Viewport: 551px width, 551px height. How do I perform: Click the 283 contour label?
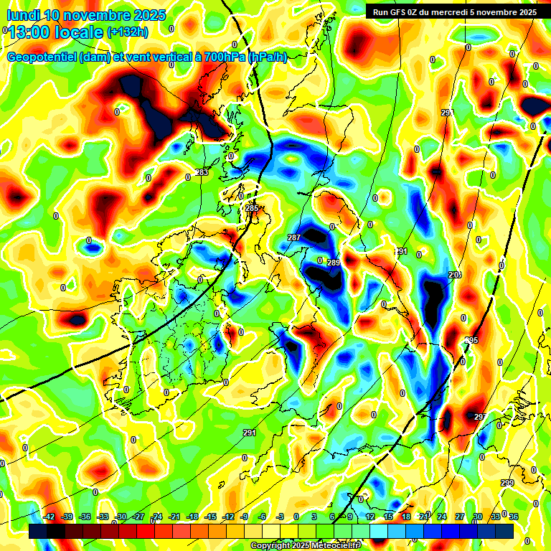(202, 172)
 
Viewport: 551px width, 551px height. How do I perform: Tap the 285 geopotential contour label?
(252, 208)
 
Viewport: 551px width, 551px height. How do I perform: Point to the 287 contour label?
(294, 237)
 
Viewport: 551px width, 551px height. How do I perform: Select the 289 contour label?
(334, 263)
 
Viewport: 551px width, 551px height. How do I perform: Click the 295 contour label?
(471, 340)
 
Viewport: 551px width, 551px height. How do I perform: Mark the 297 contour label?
(480, 417)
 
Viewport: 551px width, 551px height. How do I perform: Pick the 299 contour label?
(507, 483)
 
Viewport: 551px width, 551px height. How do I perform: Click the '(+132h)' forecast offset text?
(127, 32)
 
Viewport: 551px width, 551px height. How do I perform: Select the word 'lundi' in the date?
(24, 15)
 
